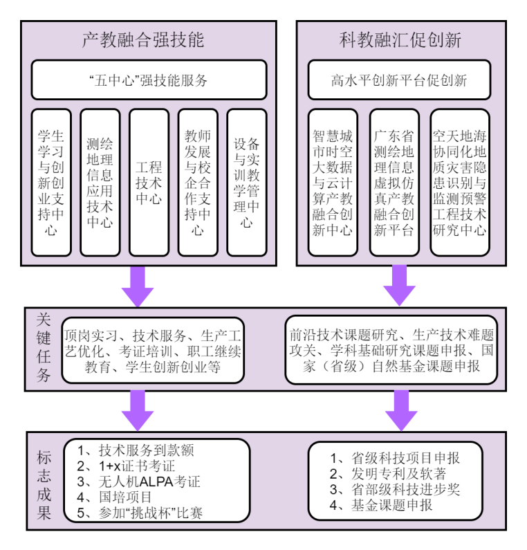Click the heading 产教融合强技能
coord(143,39)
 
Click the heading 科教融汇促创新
coord(400,39)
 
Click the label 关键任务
coord(44,347)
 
